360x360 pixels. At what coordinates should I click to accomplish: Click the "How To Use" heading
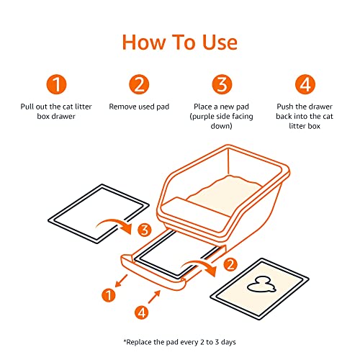179,41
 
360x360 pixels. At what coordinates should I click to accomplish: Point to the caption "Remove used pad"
139,106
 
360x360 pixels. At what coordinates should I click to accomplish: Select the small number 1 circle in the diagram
109,294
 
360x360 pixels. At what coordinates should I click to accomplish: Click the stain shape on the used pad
254,287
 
